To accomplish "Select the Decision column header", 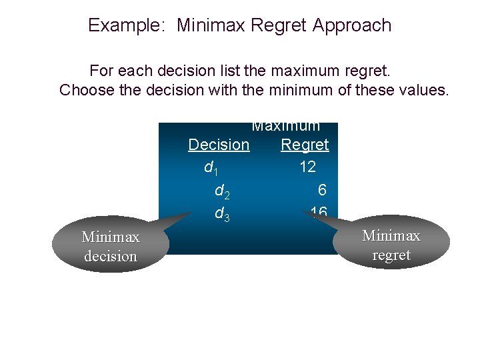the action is [219, 145].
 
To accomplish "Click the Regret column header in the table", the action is [305, 145].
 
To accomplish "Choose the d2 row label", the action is [223, 191].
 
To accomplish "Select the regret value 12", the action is [307, 167].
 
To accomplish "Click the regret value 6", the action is [322, 191].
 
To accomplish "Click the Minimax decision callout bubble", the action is [110, 246].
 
